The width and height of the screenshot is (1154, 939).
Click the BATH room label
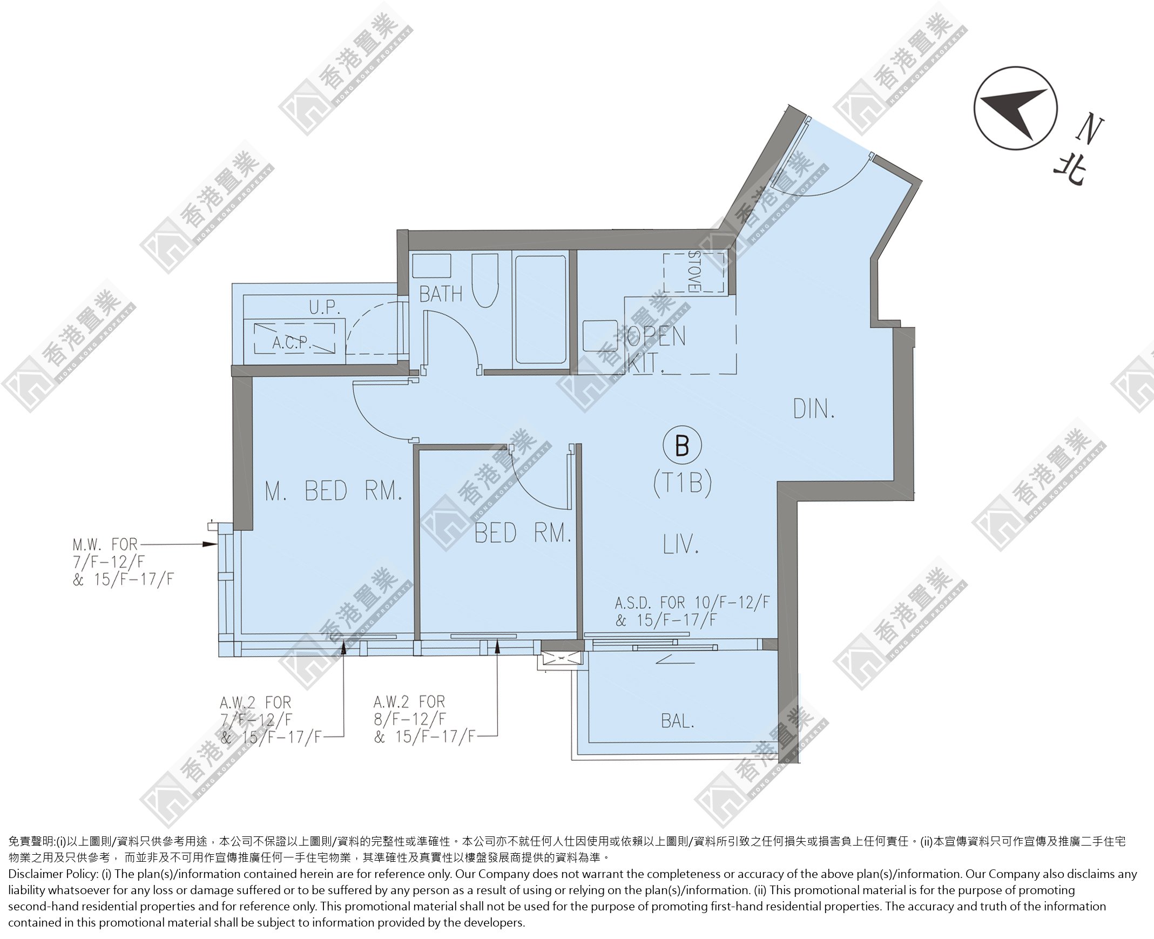coord(441,294)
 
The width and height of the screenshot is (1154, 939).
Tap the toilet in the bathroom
coord(485,280)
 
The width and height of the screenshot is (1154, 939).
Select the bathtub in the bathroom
coord(541,309)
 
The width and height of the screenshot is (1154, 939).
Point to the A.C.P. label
coord(291,342)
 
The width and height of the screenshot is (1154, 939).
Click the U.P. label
coord(325,307)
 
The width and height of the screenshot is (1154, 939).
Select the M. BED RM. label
coord(334,491)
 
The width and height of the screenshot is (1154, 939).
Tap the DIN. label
coord(814,409)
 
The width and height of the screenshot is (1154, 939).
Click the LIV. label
coord(681,544)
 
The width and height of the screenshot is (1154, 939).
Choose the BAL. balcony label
coord(677,721)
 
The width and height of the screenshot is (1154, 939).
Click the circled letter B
coord(682,445)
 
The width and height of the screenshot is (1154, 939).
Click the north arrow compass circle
coord(1016,108)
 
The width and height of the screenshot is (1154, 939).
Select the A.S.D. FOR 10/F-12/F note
coord(692,611)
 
